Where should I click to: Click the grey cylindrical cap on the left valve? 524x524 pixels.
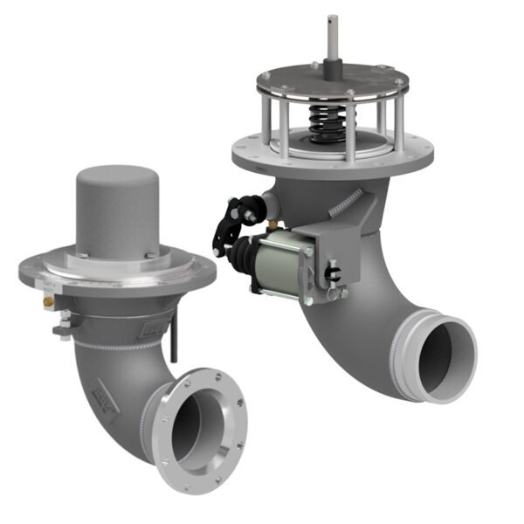coord(116,210)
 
